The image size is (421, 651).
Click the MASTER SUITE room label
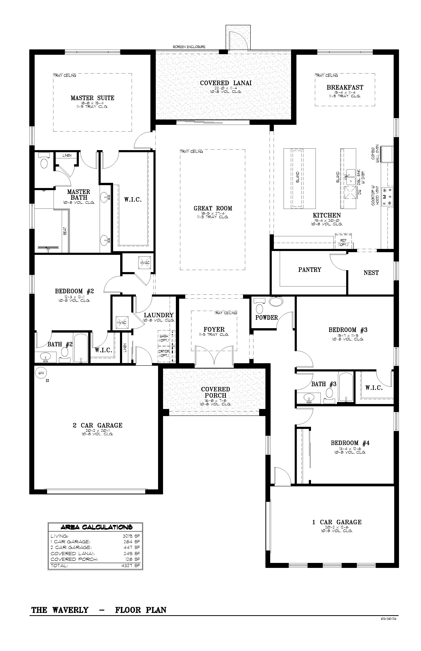[92, 98]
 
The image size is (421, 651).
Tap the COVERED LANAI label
[226, 83]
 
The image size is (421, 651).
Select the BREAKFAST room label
[345, 88]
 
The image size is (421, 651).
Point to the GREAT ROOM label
[213, 209]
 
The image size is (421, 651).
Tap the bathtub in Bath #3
[346, 387]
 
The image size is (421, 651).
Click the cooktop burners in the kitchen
[388, 196]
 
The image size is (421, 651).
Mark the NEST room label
[371, 273]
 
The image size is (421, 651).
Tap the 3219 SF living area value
[131, 536]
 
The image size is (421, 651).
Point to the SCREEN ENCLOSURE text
[189, 47]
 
